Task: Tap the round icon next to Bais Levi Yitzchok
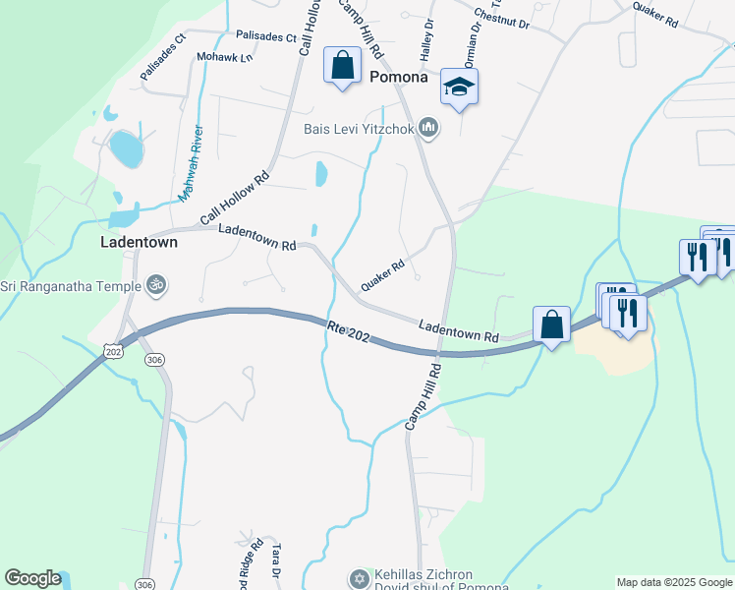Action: (x=428, y=128)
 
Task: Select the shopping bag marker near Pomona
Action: (x=342, y=67)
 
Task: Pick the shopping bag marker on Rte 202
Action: (x=552, y=324)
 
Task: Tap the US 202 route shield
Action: (x=113, y=350)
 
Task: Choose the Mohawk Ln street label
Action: (x=224, y=58)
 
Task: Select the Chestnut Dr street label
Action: (x=502, y=18)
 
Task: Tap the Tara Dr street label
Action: (x=277, y=558)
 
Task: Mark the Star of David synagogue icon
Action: (x=359, y=577)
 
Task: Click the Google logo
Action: (x=32, y=578)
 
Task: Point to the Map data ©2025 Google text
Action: (x=673, y=582)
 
